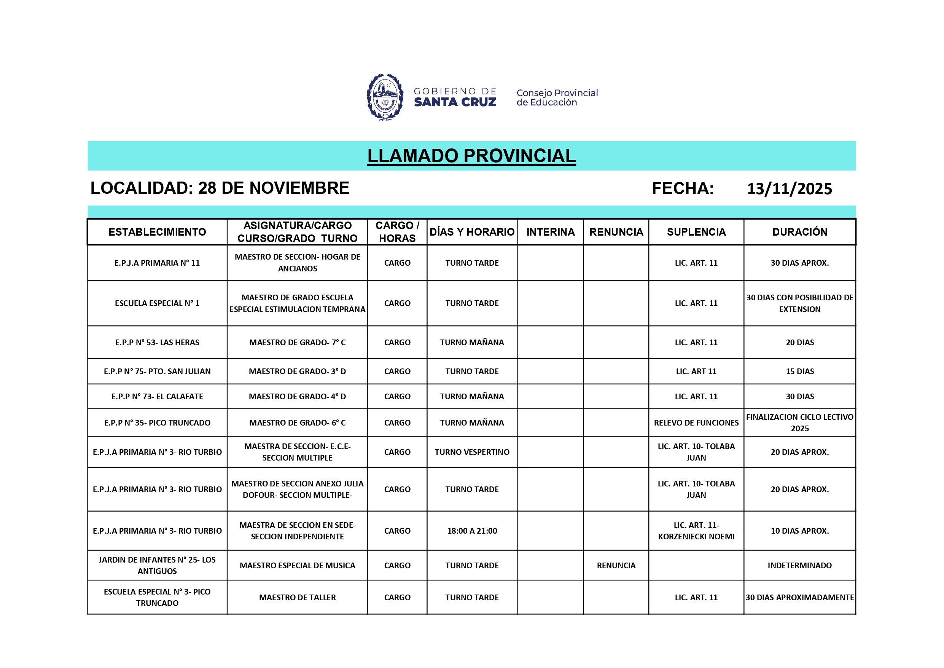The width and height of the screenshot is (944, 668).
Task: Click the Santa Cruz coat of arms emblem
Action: click(x=385, y=97)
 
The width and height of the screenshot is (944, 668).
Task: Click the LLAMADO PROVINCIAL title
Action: click(x=471, y=156)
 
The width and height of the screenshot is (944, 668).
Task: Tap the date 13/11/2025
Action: click(x=789, y=189)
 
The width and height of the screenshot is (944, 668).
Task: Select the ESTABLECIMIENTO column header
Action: click(x=157, y=232)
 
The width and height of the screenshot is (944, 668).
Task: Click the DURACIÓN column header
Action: click(x=799, y=232)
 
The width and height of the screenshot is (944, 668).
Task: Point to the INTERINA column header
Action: click(x=550, y=232)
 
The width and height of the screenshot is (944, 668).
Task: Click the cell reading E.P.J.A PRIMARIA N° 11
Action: click(x=157, y=263)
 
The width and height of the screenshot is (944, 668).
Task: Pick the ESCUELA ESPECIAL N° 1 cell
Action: click(x=157, y=303)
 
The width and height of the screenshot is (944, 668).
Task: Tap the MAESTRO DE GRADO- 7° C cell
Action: click(x=297, y=342)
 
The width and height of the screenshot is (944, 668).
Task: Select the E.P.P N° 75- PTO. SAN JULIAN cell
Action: click(x=157, y=371)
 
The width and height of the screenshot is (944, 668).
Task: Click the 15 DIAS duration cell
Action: click(x=799, y=371)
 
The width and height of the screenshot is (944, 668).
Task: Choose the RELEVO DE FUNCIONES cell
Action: click(x=696, y=423)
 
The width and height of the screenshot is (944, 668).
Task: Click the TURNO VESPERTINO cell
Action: click(x=472, y=452)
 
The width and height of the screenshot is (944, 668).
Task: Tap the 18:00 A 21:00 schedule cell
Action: click(x=472, y=531)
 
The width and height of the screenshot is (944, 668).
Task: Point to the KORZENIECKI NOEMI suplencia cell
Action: click(x=696, y=531)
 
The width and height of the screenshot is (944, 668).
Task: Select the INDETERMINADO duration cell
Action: click(x=799, y=566)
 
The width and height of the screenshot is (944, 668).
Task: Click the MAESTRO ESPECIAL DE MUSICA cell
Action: click(x=297, y=566)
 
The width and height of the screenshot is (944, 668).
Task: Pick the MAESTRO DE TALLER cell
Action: click(x=297, y=597)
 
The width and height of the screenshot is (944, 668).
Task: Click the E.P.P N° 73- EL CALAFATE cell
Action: click(x=157, y=397)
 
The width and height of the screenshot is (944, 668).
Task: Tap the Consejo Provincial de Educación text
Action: click(x=557, y=97)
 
